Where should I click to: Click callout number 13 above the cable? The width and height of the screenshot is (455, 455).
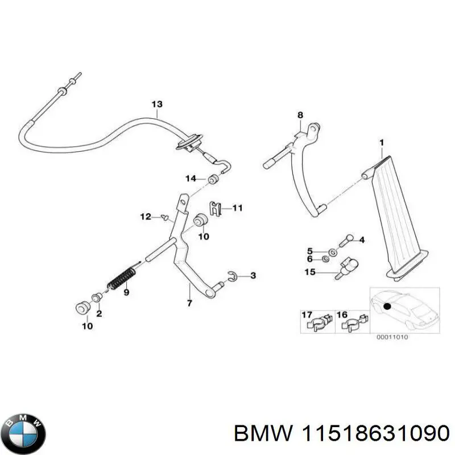157,104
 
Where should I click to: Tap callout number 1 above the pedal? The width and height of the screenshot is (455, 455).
382,142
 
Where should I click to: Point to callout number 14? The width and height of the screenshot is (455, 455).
191,179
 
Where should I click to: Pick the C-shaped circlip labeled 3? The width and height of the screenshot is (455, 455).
231,276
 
